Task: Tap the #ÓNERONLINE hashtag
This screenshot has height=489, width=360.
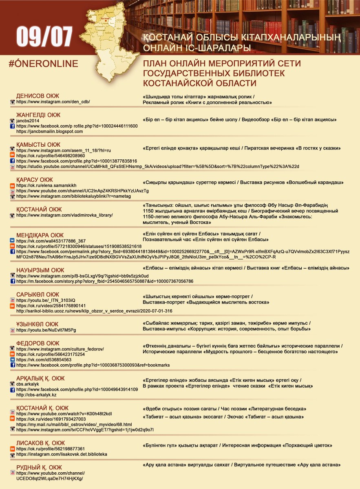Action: coord(43,64)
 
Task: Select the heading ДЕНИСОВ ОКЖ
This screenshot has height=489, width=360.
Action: coord(38,96)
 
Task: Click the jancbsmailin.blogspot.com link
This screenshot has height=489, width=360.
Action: coord(49,132)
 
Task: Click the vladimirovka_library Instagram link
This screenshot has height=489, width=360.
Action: coord(64,215)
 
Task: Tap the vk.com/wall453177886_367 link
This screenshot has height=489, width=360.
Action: coord(51,241)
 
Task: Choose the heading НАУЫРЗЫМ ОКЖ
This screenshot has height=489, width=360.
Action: coord(40,270)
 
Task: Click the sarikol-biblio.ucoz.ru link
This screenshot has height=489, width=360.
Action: coord(94,311)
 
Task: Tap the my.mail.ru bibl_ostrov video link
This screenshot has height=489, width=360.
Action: coord(74,424)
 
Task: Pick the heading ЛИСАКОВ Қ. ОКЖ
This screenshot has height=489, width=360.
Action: coord(40,443)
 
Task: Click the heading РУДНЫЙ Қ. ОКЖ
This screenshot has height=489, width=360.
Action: coord(39,467)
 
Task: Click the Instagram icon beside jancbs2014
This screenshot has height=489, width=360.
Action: coord(12,121)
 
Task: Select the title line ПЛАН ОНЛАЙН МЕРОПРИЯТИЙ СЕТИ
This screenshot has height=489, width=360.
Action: coord(222,64)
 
